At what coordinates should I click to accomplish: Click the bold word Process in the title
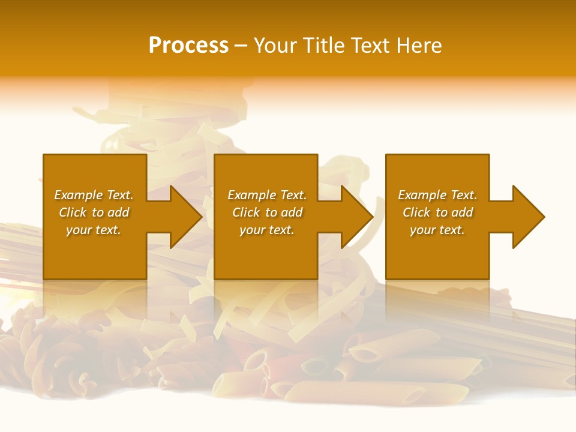coord(188,46)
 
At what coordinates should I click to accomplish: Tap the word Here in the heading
coord(419,46)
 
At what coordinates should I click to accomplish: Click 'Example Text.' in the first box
coord(94,195)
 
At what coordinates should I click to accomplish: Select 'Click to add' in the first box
coord(94,212)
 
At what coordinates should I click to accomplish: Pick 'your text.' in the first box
coord(94,230)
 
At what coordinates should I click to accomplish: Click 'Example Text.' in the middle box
coord(267,195)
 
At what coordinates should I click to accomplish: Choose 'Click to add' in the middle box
coord(267,212)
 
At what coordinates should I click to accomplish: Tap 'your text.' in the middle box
coord(267,230)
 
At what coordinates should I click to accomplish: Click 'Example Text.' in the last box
coord(437,195)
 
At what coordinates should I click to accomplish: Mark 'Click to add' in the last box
coord(437,212)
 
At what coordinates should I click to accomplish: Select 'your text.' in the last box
coord(437,230)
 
